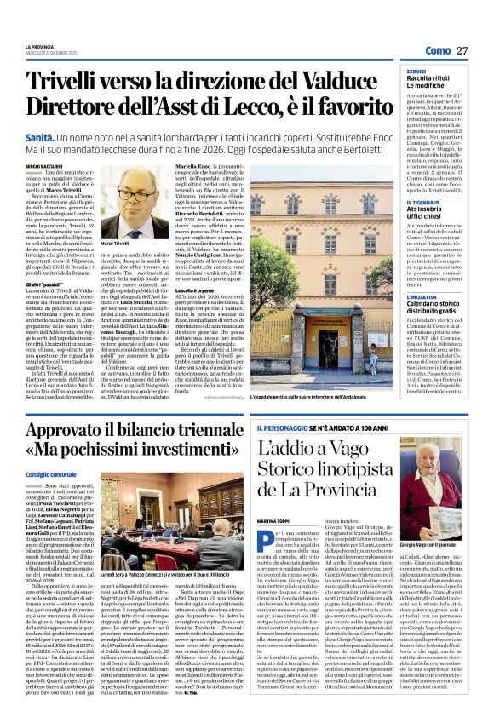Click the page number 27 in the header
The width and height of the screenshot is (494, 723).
[462, 50]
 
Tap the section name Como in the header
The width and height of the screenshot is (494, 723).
[437, 50]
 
